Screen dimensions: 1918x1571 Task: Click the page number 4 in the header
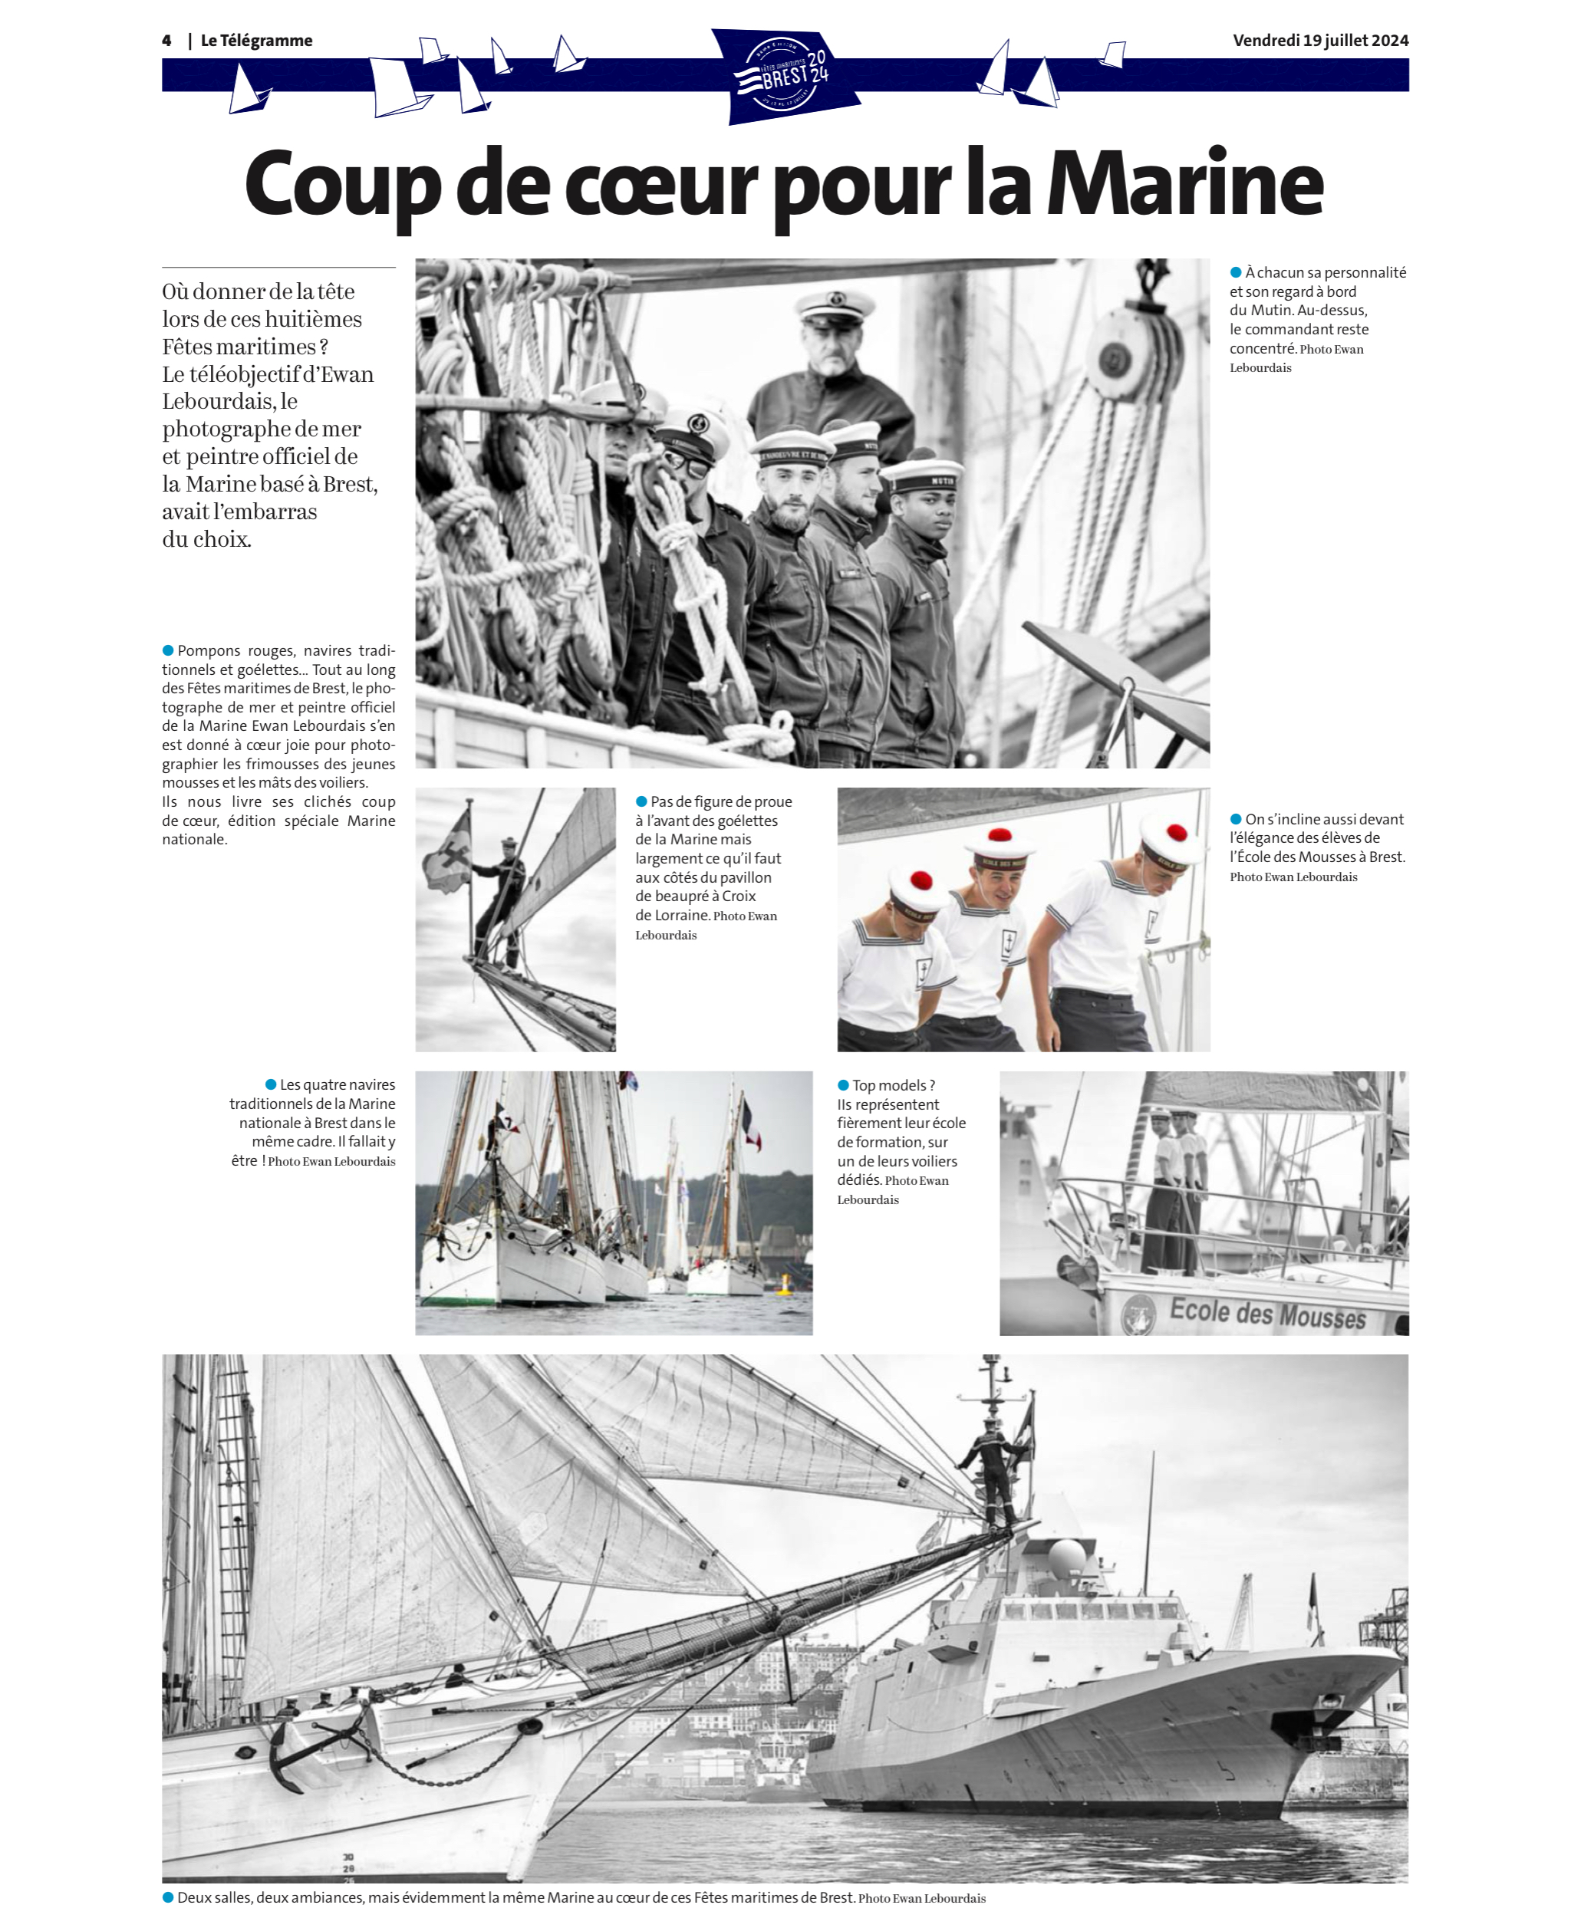(166, 41)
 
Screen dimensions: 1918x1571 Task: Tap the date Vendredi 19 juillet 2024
(1319, 41)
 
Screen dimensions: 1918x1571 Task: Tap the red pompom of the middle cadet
(1000, 834)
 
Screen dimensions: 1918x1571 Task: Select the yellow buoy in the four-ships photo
(785, 1283)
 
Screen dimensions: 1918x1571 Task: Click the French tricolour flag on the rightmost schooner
(751, 1127)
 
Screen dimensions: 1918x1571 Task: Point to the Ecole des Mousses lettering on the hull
(1267, 1314)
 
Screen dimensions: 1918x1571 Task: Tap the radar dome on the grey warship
(1068, 1556)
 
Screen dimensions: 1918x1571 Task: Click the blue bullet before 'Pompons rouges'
(167, 650)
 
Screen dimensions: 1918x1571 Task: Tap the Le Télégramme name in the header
(256, 41)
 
